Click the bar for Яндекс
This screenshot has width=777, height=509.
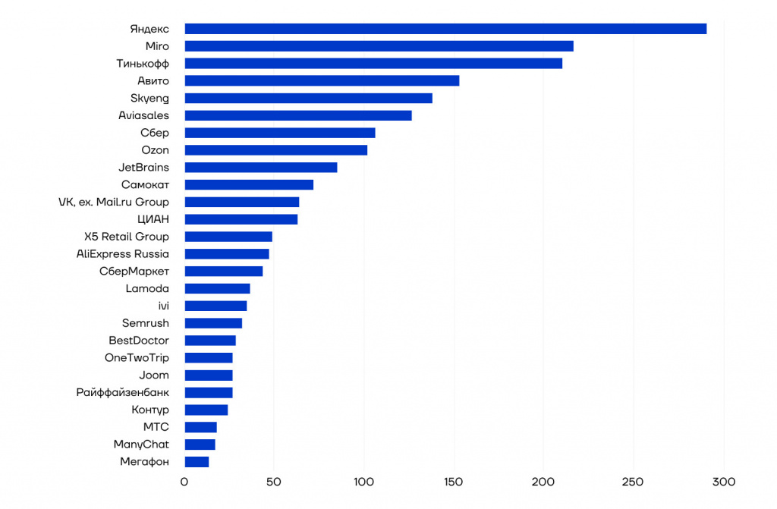(x=445, y=29)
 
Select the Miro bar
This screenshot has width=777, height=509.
(x=379, y=46)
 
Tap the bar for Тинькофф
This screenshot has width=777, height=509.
(x=373, y=64)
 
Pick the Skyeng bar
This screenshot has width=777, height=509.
(x=308, y=98)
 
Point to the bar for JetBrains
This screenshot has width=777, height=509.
(x=261, y=168)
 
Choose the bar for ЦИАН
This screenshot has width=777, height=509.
(x=241, y=219)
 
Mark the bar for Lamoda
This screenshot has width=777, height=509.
(x=217, y=288)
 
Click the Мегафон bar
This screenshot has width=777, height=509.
(x=197, y=462)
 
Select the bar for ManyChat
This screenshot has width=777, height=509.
(x=200, y=445)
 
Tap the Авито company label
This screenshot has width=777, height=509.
(x=153, y=80)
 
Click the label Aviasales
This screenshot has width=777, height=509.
(x=143, y=115)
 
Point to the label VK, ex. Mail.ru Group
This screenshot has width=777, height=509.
(x=114, y=202)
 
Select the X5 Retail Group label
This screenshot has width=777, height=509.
(x=127, y=237)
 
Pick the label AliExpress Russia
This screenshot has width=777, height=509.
(x=123, y=254)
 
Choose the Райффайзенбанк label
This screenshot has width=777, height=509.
(x=123, y=392)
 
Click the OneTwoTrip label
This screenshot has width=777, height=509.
(x=137, y=358)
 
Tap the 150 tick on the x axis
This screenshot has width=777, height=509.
(x=454, y=482)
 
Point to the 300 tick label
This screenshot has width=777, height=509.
(x=724, y=482)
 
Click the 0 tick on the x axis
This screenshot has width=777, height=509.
(x=184, y=482)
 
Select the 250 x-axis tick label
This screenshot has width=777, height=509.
(x=634, y=482)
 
